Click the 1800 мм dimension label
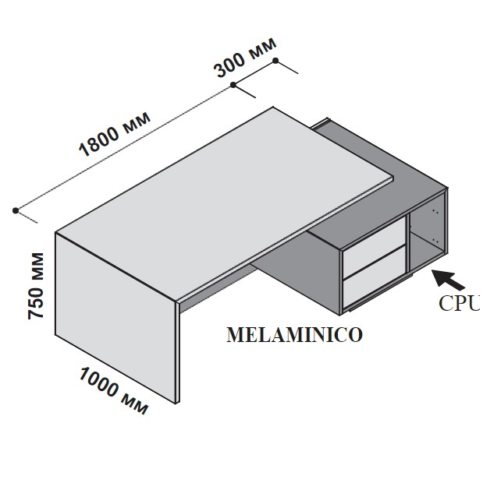(115, 133)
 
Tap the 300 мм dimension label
(245, 58)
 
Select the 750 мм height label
(36, 286)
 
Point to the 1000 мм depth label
(114, 390)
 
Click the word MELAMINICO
(295, 335)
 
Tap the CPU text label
(460, 303)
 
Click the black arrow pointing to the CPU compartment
(448, 280)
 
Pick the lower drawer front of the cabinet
(374, 277)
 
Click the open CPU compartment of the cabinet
(427, 235)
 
